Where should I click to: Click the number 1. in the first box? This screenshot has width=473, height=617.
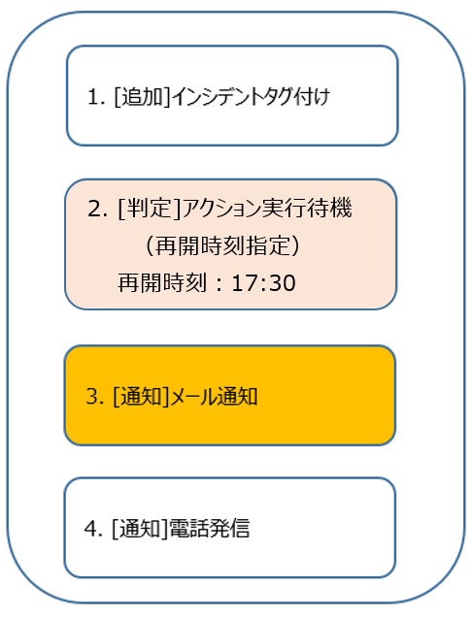pos(96,97)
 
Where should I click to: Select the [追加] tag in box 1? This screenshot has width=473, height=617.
pos(142,97)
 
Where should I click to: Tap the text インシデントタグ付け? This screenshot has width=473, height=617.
pos(251,97)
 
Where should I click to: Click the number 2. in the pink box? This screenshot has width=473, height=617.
pos(97,209)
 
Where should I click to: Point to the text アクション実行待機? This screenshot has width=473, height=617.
pos(267,209)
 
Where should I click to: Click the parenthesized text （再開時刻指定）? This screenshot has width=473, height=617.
pos(223,246)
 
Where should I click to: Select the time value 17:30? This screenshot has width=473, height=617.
pos(263,283)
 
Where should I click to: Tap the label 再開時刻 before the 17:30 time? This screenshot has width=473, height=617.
pos(162,283)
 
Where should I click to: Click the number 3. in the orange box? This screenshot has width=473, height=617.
pos(95,396)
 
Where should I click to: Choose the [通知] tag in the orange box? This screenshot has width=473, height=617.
pos(141,396)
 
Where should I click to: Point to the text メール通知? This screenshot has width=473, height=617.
pos(215,396)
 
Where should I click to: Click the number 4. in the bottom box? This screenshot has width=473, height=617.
pos(94,529)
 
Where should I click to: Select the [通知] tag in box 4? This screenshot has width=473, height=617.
pos(140,529)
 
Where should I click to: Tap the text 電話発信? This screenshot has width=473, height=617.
pos(210,529)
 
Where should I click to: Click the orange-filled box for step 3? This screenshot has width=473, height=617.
pos(230,396)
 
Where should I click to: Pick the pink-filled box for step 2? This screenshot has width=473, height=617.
pos(231,244)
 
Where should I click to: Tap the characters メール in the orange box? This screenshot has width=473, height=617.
pos(193,396)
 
